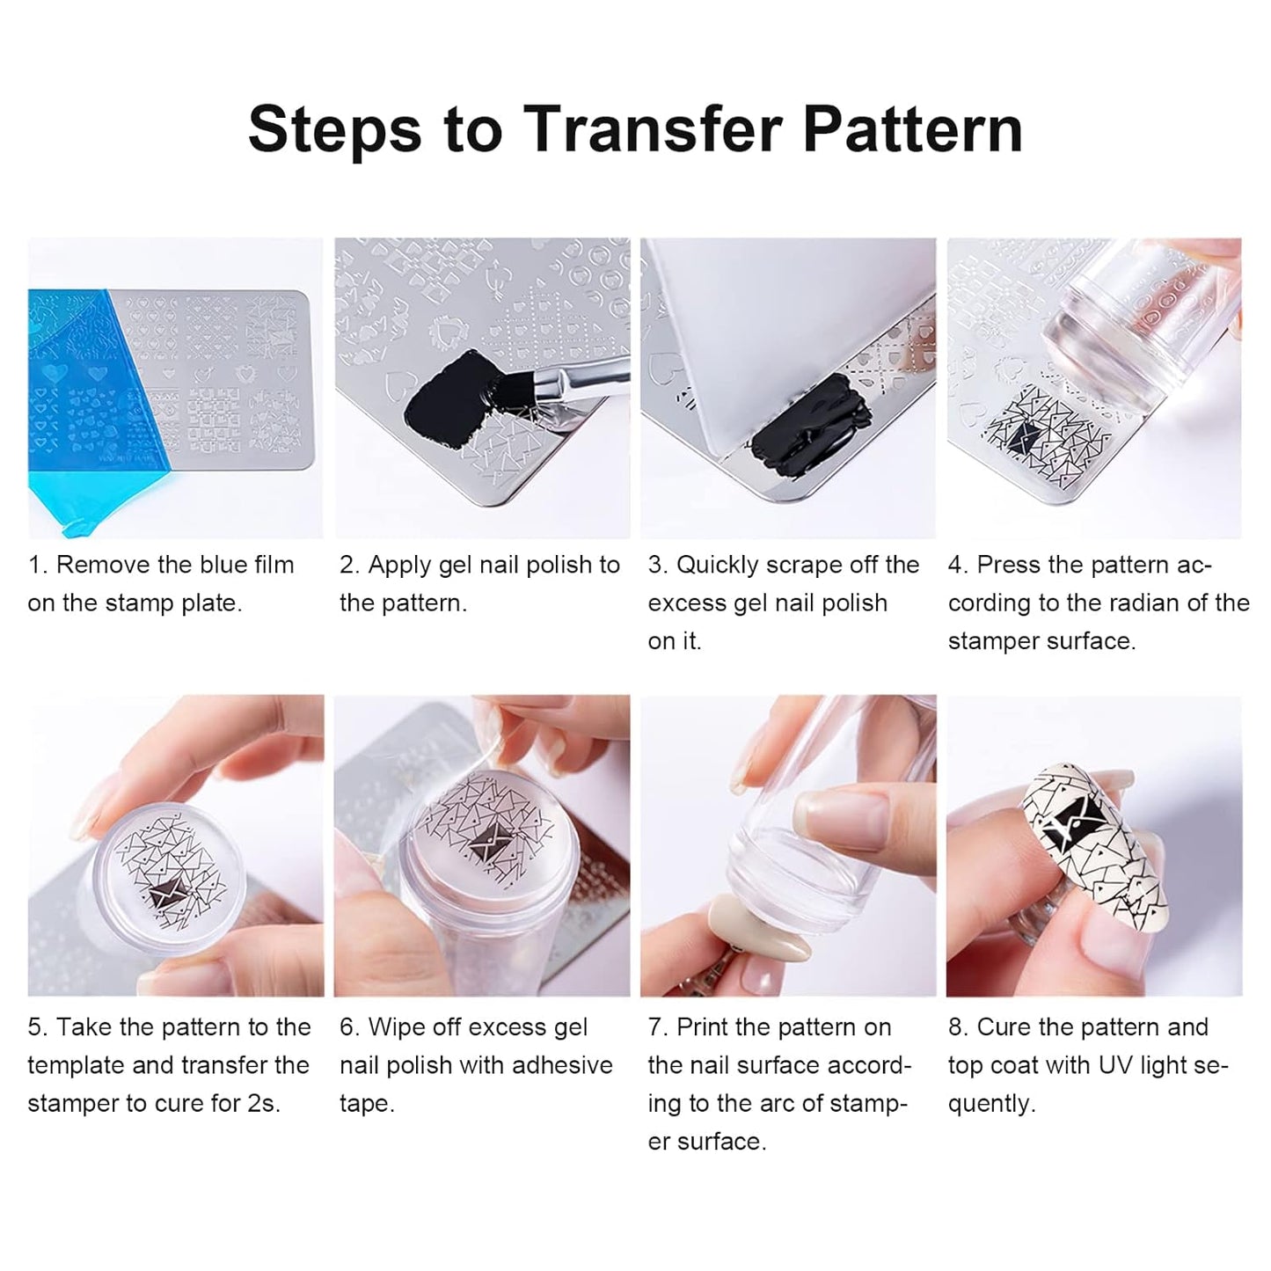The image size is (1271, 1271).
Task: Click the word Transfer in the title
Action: tap(652, 128)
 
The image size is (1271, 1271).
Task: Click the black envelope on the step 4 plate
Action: tap(1026, 437)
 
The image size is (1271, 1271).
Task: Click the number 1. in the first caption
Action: tap(37, 565)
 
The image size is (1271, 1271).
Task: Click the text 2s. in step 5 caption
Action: tap(264, 1103)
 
